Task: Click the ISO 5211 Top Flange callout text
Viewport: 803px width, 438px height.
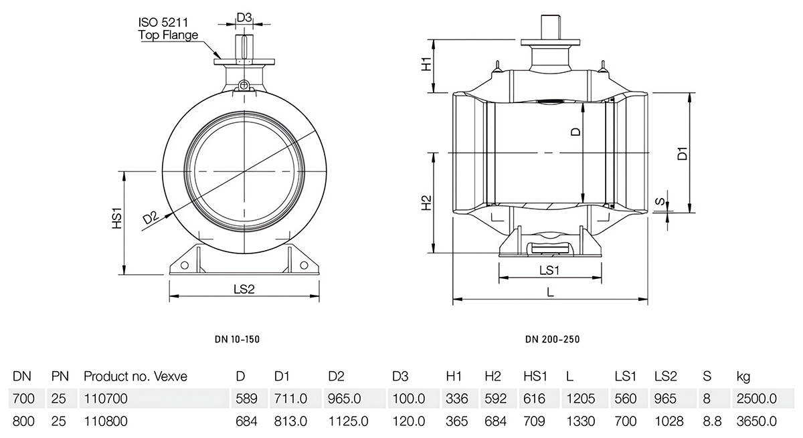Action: point(168,29)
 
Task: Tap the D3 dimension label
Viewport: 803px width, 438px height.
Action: point(244,18)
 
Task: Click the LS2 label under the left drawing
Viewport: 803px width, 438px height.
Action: point(244,289)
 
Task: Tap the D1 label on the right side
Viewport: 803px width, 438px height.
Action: point(682,152)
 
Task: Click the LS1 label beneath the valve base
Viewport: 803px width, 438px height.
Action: point(549,271)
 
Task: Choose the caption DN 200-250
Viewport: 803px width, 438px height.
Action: point(553,340)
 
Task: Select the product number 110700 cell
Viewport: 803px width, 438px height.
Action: point(105,399)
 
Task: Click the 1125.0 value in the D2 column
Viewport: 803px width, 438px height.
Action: point(349,421)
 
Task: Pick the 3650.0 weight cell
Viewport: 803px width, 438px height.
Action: point(756,421)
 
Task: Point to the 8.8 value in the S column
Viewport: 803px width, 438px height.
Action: point(711,421)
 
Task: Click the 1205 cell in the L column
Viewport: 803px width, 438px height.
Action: point(580,399)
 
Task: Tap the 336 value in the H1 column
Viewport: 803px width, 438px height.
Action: point(455,399)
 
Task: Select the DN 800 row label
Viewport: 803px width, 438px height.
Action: point(23,421)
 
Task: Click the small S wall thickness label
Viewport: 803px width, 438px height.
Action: point(660,201)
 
